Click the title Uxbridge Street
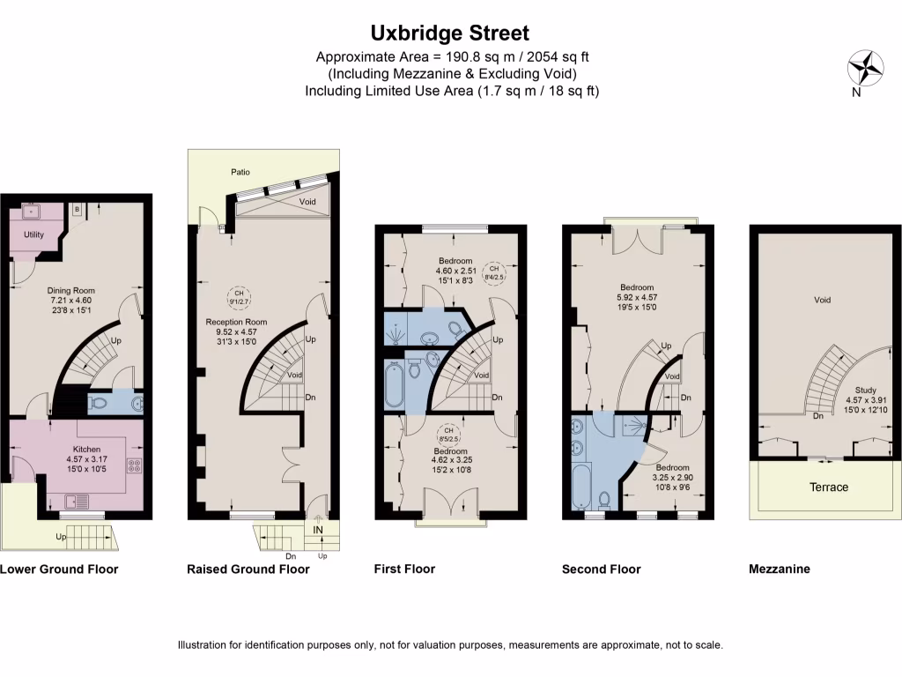[x=450, y=33]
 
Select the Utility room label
[x=33, y=235]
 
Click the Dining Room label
[x=70, y=290]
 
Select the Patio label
[x=240, y=172]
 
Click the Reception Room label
[x=236, y=322]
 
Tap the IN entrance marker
[x=318, y=529]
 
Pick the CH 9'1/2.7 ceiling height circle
[x=237, y=297]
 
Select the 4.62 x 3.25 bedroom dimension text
[x=453, y=459]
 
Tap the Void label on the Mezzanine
[x=822, y=301]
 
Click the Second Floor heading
[x=601, y=569]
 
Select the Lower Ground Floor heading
[x=59, y=569]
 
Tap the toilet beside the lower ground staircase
[x=100, y=404]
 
